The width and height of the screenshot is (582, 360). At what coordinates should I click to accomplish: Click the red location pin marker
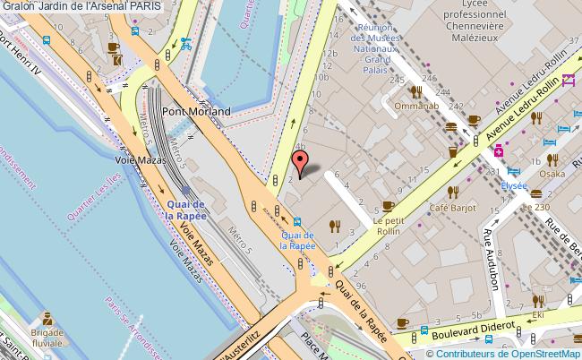point(301,162)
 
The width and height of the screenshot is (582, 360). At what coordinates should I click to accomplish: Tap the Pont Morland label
point(196,112)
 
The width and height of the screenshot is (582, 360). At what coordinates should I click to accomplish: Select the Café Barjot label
point(450,210)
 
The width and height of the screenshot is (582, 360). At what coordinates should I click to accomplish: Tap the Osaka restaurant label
point(552,173)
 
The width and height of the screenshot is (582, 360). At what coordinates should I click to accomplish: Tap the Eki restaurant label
point(538,315)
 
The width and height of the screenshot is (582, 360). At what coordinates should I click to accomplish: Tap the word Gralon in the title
point(19,6)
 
